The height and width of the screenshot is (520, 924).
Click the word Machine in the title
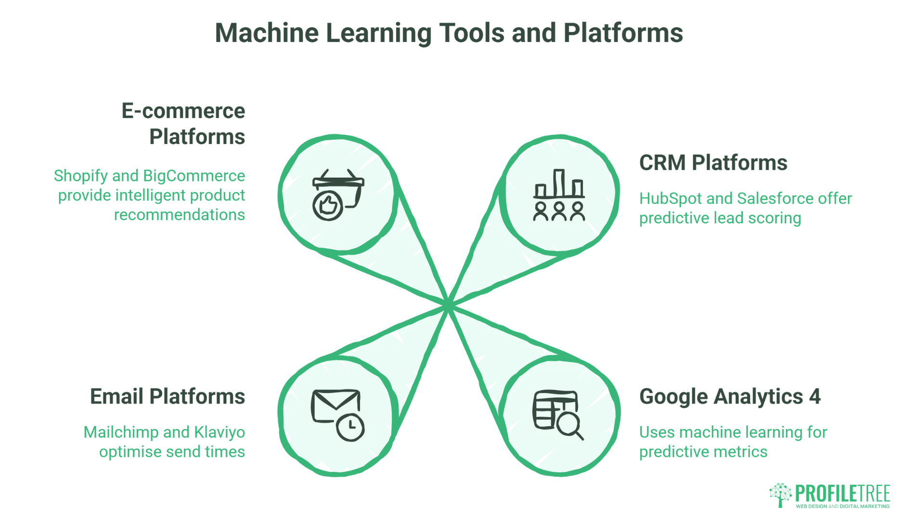click(x=267, y=33)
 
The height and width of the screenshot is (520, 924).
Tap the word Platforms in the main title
click(x=623, y=33)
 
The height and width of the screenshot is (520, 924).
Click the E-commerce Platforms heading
click(x=183, y=124)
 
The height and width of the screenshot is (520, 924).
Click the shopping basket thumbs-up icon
click(x=338, y=194)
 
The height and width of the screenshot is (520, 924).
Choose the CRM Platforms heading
click(x=713, y=163)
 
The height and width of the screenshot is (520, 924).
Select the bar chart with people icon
click(x=559, y=195)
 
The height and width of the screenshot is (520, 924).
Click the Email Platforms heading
click(x=167, y=396)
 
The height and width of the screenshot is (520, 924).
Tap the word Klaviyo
click(x=219, y=432)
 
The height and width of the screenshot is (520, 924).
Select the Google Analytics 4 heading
click(x=730, y=396)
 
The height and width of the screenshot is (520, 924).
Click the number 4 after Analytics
click(x=814, y=396)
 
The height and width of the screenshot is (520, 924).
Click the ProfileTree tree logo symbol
click(x=781, y=494)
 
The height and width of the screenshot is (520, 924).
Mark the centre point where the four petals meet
click(x=448, y=305)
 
